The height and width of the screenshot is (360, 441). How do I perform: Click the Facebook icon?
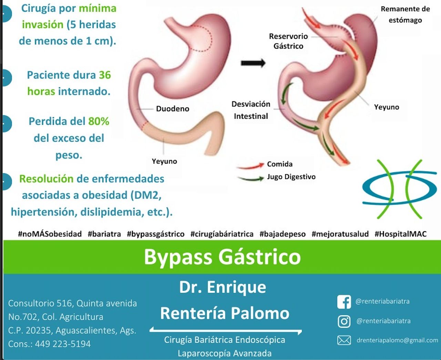pyautogui.click(x=344, y=302)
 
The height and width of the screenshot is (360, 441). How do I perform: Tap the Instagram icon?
pyautogui.click(x=344, y=321)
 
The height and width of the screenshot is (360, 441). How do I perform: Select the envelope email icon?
pyautogui.click(x=344, y=340)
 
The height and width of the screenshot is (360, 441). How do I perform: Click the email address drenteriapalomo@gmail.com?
pyautogui.click(x=397, y=340)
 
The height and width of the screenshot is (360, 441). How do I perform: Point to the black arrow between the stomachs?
pyautogui.click(x=253, y=63)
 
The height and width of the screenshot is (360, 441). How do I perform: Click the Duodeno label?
pyautogui.click(x=173, y=109)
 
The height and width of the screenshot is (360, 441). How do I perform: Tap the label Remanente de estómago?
pyautogui.click(x=405, y=14)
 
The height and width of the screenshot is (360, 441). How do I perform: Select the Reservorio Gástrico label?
pyautogui.click(x=288, y=41)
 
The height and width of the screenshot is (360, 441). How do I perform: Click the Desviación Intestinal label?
pyautogui.click(x=251, y=110)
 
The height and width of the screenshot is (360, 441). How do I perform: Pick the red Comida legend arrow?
pyautogui.click(x=250, y=166)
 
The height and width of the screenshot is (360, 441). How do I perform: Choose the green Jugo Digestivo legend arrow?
pyautogui.click(x=251, y=178)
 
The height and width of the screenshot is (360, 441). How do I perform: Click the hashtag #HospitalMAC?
pyautogui.click(x=400, y=234)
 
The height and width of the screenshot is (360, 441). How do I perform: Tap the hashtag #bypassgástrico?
pyautogui.click(x=156, y=234)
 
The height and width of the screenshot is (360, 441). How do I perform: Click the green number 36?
pyautogui.click(x=105, y=75)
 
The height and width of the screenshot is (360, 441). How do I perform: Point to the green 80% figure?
pyautogui.click(x=99, y=121)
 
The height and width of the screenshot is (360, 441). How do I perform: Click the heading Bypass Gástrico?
pyautogui.click(x=222, y=257)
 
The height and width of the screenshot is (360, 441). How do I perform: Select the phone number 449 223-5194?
pyautogui.click(x=63, y=344)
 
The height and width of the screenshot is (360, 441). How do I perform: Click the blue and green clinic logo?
pyautogui.click(x=399, y=189)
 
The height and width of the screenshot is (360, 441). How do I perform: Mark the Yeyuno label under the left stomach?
pyautogui.click(x=164, y=161)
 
